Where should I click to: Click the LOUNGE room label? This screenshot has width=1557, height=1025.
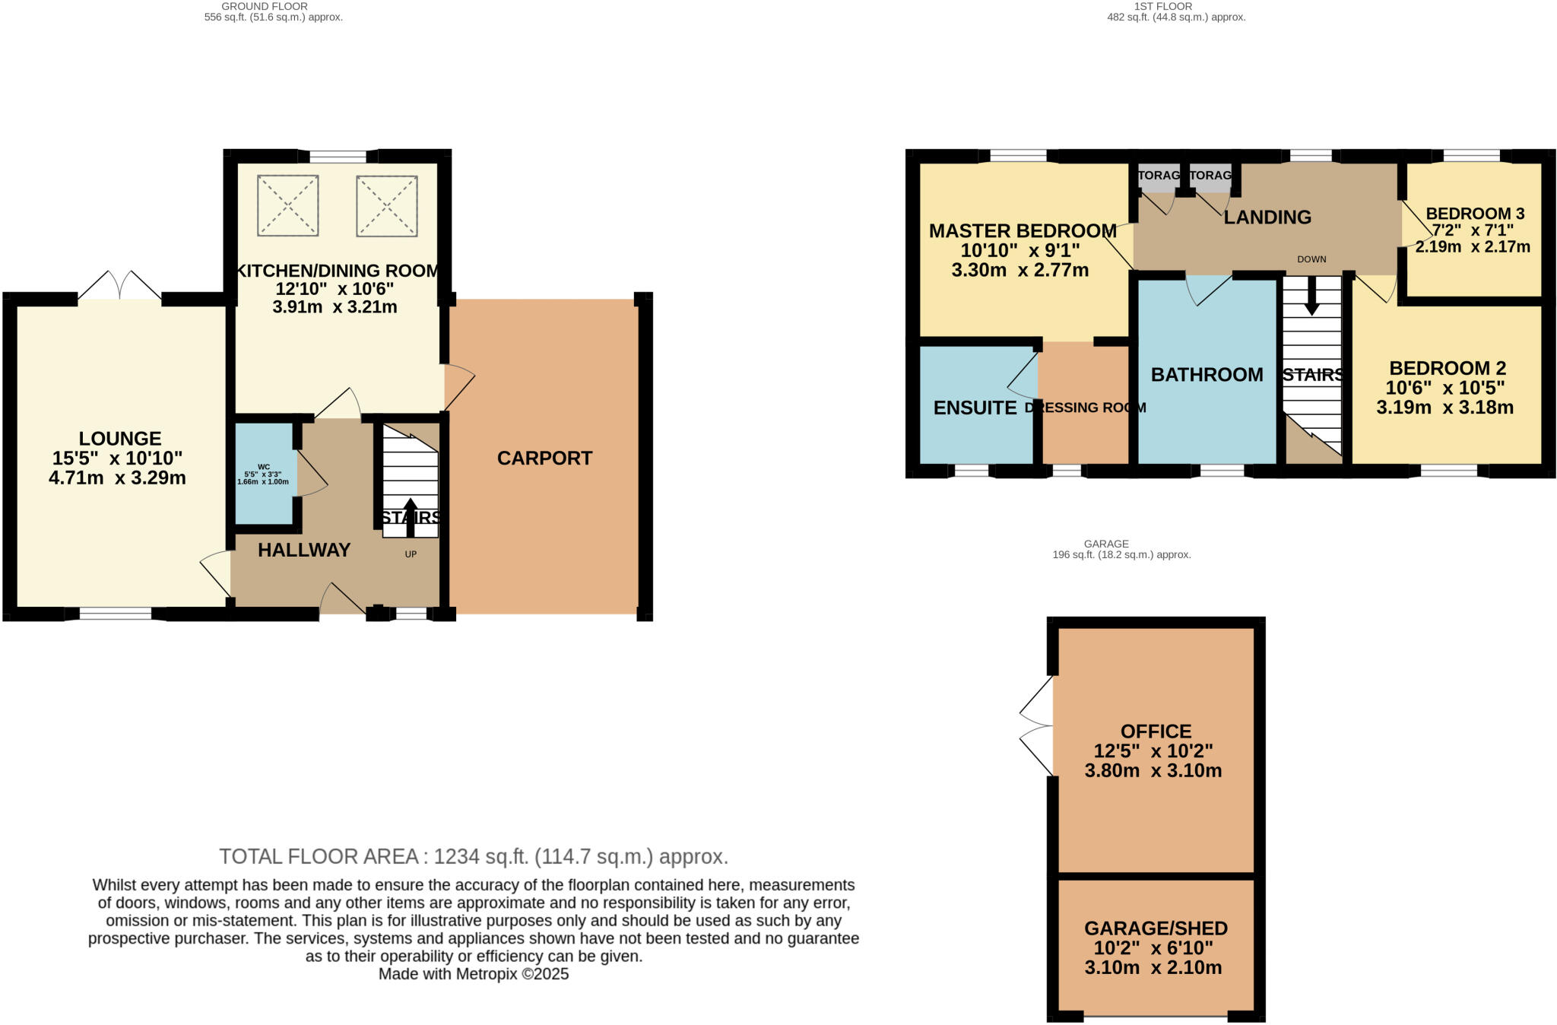point(120,439)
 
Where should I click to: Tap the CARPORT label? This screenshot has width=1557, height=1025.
point(544,458)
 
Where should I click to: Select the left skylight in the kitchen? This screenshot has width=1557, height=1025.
point(287,205)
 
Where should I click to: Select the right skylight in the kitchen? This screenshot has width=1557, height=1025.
point(387,206)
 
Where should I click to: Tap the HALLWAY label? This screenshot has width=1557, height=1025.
point(304,550)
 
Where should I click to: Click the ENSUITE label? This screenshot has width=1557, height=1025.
point(975,408)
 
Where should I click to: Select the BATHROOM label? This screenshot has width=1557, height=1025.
point(1207,374)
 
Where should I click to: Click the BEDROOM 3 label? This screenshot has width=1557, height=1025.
point(1475,214)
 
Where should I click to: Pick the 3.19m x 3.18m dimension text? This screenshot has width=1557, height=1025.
point(1444,408)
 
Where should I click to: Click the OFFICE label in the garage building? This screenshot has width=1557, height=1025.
point(1156,731)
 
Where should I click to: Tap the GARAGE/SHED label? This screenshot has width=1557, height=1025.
point(1156,928)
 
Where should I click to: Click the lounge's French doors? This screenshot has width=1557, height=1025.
point(120,287)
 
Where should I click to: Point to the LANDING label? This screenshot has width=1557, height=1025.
point(1267,217)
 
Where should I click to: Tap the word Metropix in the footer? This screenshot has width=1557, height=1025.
point(487,974)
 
